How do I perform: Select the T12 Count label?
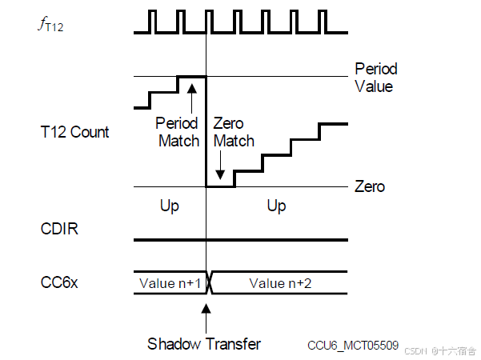coord(74,132)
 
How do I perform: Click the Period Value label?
coord(375,78)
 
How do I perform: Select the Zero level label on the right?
coord(370,186)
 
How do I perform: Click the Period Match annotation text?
coord(178,133)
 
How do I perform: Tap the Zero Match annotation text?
coord(234,133)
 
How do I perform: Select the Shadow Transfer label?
coord(204,344)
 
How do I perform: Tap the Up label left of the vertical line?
coord(170,206)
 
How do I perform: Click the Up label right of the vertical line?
coord(276,206)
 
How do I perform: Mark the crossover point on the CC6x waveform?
coord(207,282)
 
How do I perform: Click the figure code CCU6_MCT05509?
coord(353,345)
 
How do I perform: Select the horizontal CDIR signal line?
coord(240,239)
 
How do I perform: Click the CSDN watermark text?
coord(439,350)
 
